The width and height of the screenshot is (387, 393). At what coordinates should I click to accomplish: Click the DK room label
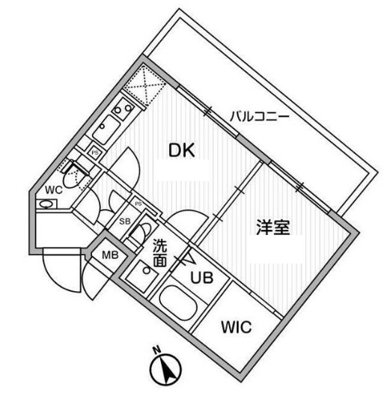(x=182, y=150)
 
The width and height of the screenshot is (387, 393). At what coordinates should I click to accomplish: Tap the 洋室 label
(x=273, y=227)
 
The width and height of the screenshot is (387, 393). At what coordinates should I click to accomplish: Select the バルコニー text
(x=260, y=117)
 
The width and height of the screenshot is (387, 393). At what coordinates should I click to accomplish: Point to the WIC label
(x=237, y=327)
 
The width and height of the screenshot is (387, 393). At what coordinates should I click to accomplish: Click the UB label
(x=202, y=278)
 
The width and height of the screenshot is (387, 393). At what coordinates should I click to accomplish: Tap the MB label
(x=110, y=255)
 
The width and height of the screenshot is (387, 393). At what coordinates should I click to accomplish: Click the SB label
(x=125, y=222)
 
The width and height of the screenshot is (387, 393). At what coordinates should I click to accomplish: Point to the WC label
(x=54, y=189)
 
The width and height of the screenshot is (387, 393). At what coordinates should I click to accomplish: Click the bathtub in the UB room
(x=178, y=303)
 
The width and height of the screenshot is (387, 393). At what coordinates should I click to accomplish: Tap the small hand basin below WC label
(x=46, y=204)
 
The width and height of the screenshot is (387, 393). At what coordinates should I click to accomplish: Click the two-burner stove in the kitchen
(x=123, y=109)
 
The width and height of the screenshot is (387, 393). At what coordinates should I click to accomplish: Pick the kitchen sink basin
(x=106, y=130)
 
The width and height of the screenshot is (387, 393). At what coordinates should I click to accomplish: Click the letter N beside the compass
(x=157, y=349)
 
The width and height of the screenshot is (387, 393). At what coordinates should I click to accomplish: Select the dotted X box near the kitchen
(x=144, y=84)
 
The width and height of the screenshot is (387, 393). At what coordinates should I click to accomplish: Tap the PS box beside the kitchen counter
(x=95, y=153)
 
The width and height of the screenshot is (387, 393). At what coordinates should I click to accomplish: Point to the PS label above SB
(x=138, y=204)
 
